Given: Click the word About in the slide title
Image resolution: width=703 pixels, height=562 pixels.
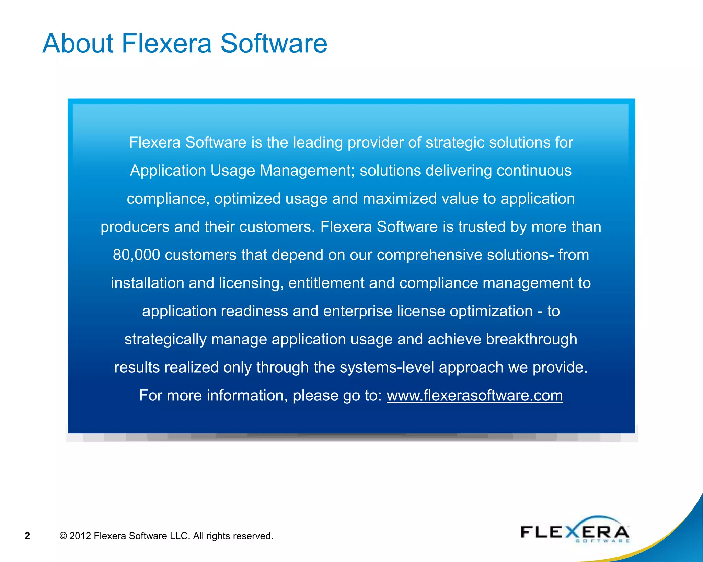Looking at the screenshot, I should [x=78, y=44].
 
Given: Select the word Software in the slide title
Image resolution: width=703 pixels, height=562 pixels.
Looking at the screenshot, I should [x=274, y=44].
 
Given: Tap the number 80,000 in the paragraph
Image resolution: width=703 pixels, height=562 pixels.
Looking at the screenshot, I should [x=136, y=255].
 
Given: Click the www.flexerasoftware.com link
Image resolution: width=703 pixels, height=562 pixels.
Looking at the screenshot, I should [x=474, y=396].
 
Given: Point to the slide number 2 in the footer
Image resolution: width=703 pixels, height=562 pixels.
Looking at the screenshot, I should [x=27, y=536].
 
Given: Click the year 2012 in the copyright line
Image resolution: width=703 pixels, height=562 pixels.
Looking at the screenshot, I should [x=80, y=536].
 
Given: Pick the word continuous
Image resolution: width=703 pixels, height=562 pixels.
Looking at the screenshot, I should [x=534, y=171].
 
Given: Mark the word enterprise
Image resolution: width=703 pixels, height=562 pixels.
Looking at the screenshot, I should [x=357, y=312].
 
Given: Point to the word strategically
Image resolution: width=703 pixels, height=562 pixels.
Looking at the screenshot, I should [x=165, y=340].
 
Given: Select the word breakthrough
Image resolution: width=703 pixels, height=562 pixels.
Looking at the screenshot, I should [x=531, y=340].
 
